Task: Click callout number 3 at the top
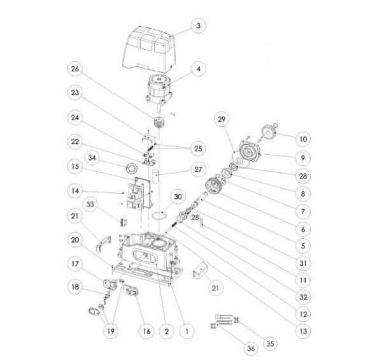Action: [198, 25]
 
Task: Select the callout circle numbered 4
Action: [198, 69]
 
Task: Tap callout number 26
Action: [74, 69]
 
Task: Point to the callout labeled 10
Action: [303, 140]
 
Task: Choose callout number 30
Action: [178, 197]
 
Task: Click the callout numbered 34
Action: [92, 158]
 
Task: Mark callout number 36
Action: [251, 349]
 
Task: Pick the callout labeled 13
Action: [303, 331]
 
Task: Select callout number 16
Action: [146, 331]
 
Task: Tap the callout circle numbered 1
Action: [187, 331]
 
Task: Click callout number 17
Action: [75, 264]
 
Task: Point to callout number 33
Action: [90, 205]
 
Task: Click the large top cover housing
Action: [148, 49]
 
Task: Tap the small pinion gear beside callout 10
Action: [269, 132]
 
